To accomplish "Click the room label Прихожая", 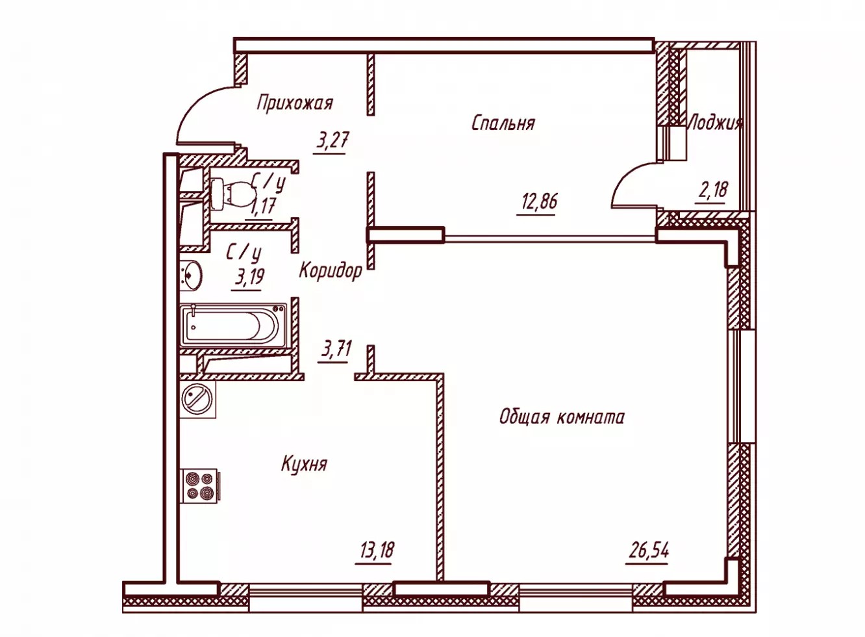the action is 295,103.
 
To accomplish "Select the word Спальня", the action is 503,123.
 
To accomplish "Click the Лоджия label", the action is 716,123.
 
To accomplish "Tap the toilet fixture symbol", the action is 229,194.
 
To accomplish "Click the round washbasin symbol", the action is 191,275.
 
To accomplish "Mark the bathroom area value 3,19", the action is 249,277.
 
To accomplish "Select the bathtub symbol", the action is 234,326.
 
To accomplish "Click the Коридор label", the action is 331,270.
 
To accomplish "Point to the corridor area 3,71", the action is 334,350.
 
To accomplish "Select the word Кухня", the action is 305,464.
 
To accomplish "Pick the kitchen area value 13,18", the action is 376,550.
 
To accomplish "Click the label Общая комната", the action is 562,418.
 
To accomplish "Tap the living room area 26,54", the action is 649,551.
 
